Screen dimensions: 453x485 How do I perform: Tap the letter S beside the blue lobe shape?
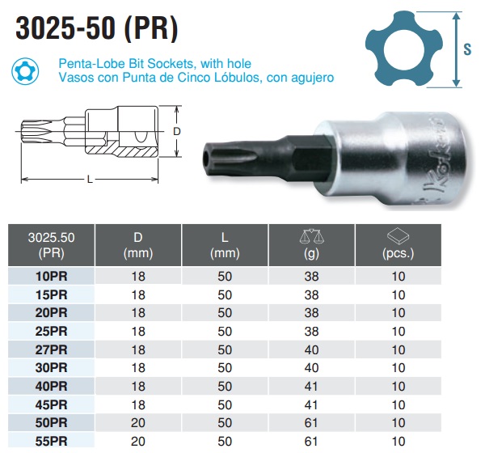click(x=468, y=49)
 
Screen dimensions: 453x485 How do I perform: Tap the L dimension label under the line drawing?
click(x=90, y=179)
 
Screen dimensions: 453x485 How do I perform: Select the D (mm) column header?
click(x=138, y=245)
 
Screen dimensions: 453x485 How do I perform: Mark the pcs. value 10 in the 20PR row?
click(x=398, y=313)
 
